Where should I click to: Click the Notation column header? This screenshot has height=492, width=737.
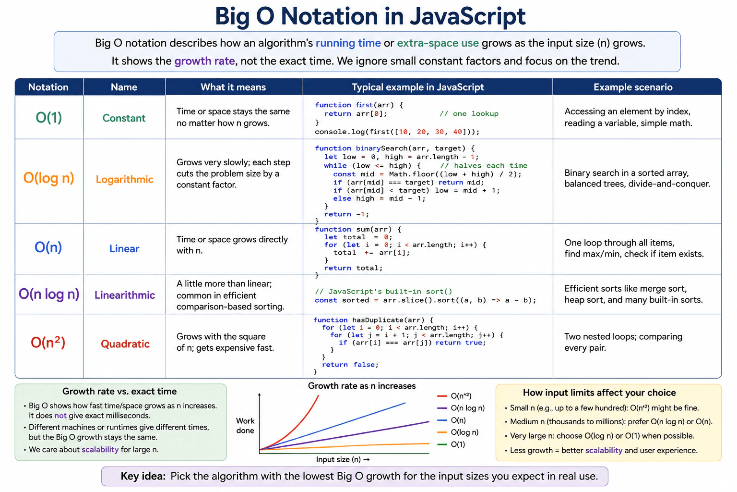coord(48,87)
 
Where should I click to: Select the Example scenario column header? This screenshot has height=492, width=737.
coord(633,87)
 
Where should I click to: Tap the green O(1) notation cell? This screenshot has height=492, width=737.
coord(48,117)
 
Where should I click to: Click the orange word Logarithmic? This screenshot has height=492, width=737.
coord(124,179)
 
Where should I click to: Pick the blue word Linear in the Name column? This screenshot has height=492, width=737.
coord(124,248)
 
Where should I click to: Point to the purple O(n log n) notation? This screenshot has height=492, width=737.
coord(48,294)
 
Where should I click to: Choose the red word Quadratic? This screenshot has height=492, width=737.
coord(125,344)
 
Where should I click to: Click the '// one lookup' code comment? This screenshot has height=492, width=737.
coord(469,114)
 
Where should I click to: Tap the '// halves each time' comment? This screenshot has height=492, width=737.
coord(484,165)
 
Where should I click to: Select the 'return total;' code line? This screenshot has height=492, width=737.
coord(353,268)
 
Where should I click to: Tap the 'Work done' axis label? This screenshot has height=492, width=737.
coord(245,425)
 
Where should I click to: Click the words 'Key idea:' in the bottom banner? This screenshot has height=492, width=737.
coord(143,476)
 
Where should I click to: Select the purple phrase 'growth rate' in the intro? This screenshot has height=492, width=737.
coord(205,61)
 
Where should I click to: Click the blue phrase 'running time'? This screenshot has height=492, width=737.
coord(348,43)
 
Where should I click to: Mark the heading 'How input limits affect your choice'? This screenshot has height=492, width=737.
coord(599,393)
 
